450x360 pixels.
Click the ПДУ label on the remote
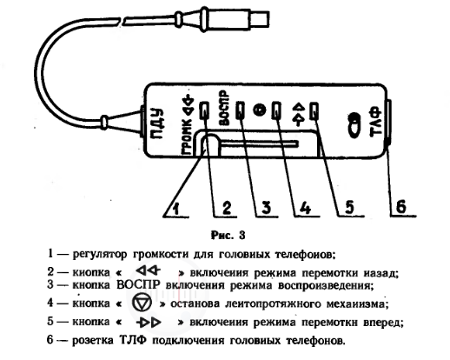pyautogui.click(x=157, y=123)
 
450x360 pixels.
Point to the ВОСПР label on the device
pyautogui.click(x=224, y=108)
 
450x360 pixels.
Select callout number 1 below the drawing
pyautogui.click(x=176, y=208)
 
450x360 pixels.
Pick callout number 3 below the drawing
pyautogui.click(x=266, y=208)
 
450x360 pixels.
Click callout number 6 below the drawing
pyautogui.click(x=401, y=207)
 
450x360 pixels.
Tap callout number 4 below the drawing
pyautogui.click(x=306, y=208)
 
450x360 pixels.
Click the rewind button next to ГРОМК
pyautogui.click(x=204, y=110)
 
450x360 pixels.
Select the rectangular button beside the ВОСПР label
pyautogui.click(x=241, y=110)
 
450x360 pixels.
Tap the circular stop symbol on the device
pyautogui.click(x=260, y=110)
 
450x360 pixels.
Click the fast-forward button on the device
pyautogui.click(x=314, y=110)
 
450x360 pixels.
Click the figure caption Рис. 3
pyautogui.click(x=228, y=235)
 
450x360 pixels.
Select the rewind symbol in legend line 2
pyautogui.click(x=148, y=271)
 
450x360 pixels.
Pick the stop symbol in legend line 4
pyautogui.click(x=142, y=303)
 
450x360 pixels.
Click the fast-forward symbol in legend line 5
pyautogui.click(x=149, y=323)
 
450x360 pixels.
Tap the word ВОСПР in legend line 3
pyautogui.click(x=138, y=284)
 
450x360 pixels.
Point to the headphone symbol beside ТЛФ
pyautogui.click(x=354, y=125)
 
